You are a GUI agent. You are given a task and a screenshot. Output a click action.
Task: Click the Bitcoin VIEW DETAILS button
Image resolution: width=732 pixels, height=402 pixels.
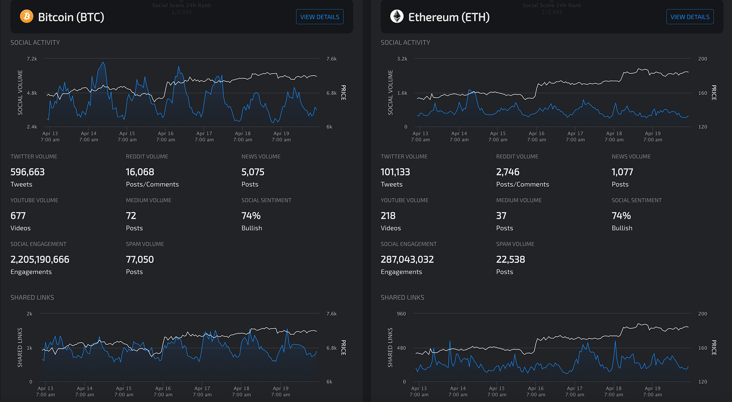pos(319,17)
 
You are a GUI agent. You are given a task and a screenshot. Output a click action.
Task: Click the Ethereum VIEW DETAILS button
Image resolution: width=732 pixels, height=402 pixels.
pos(690,17)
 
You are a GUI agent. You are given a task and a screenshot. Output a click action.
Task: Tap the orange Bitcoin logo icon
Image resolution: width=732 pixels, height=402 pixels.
pos(27,16)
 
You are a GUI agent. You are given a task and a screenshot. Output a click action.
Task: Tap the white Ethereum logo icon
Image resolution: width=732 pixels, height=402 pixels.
pos(397,16)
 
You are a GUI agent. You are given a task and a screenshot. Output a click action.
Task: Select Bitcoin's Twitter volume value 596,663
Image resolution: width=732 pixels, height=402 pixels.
pos(27,172)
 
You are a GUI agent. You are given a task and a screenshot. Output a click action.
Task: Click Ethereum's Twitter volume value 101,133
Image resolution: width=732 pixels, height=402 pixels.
pos(395,172)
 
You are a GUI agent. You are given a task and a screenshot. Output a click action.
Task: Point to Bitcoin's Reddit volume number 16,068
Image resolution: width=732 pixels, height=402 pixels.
pos(140,172)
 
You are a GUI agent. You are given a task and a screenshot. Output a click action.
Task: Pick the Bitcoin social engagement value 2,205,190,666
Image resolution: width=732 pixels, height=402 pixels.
pos(40,260)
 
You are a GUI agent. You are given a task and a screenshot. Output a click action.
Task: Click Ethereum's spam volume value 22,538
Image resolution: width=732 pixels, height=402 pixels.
pos(511,260)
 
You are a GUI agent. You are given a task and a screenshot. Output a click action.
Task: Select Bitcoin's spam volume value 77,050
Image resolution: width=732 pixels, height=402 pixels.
pos(140,260)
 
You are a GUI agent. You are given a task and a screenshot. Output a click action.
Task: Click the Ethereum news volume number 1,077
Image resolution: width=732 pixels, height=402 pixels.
pos(622,172)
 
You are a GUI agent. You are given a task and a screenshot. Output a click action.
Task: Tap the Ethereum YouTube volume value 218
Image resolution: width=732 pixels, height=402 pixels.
pos(388,216)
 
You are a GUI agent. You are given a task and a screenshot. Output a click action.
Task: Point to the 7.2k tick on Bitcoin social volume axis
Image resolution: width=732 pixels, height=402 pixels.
pos(32,59)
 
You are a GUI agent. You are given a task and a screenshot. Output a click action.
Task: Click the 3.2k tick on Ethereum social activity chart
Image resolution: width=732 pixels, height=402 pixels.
pos(402,59)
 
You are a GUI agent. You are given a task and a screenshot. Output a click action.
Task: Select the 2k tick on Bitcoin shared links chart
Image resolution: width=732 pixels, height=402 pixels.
pos(29,314)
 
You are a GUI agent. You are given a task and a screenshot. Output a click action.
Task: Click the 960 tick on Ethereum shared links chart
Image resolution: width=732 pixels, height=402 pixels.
pos(401,314)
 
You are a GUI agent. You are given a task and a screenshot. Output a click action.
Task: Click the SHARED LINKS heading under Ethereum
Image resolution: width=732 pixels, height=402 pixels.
pos(402,297)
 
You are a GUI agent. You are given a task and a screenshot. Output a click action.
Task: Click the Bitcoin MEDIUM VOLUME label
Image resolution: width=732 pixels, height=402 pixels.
pos(149,200)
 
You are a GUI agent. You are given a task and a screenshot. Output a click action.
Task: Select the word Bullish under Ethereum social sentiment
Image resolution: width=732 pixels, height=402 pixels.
pos(622,228)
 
